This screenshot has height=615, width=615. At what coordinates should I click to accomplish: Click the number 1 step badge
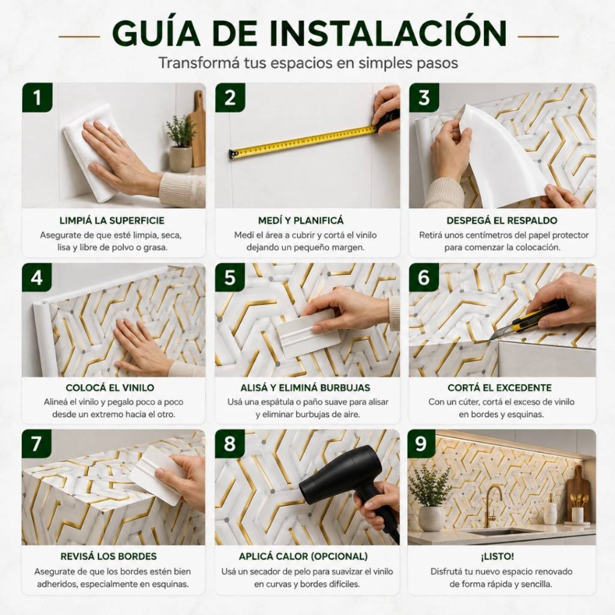pos(37,97)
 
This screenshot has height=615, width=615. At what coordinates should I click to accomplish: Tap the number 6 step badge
pos(424,277)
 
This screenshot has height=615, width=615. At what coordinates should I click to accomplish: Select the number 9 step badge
pos(422,444)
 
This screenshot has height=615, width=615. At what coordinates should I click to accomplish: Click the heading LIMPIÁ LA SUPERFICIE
pos(112,220)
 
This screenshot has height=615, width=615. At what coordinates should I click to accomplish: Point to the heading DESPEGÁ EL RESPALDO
pos(502,220)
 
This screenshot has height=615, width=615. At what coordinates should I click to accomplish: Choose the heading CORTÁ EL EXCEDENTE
pos(499,387)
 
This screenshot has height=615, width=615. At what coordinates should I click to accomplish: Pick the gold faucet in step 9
pos(492,506)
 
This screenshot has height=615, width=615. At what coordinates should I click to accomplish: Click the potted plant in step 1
pos(180,143)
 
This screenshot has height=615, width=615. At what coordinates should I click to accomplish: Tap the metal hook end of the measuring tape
pos(233,154)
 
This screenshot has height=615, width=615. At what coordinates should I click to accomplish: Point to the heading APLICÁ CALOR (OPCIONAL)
pos(303,556)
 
